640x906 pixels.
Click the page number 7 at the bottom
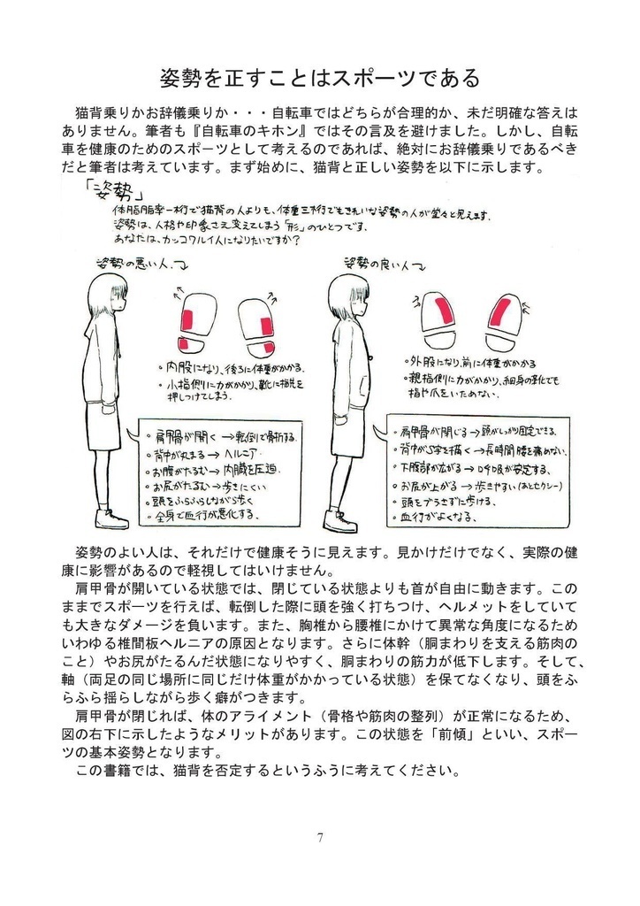coord(319,837)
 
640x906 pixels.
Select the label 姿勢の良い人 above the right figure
coord(380,263)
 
